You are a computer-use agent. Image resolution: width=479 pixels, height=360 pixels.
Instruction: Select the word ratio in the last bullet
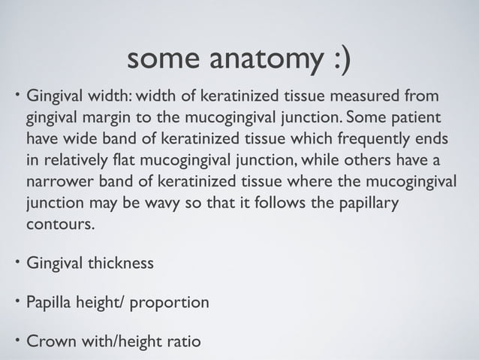(183, 343)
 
